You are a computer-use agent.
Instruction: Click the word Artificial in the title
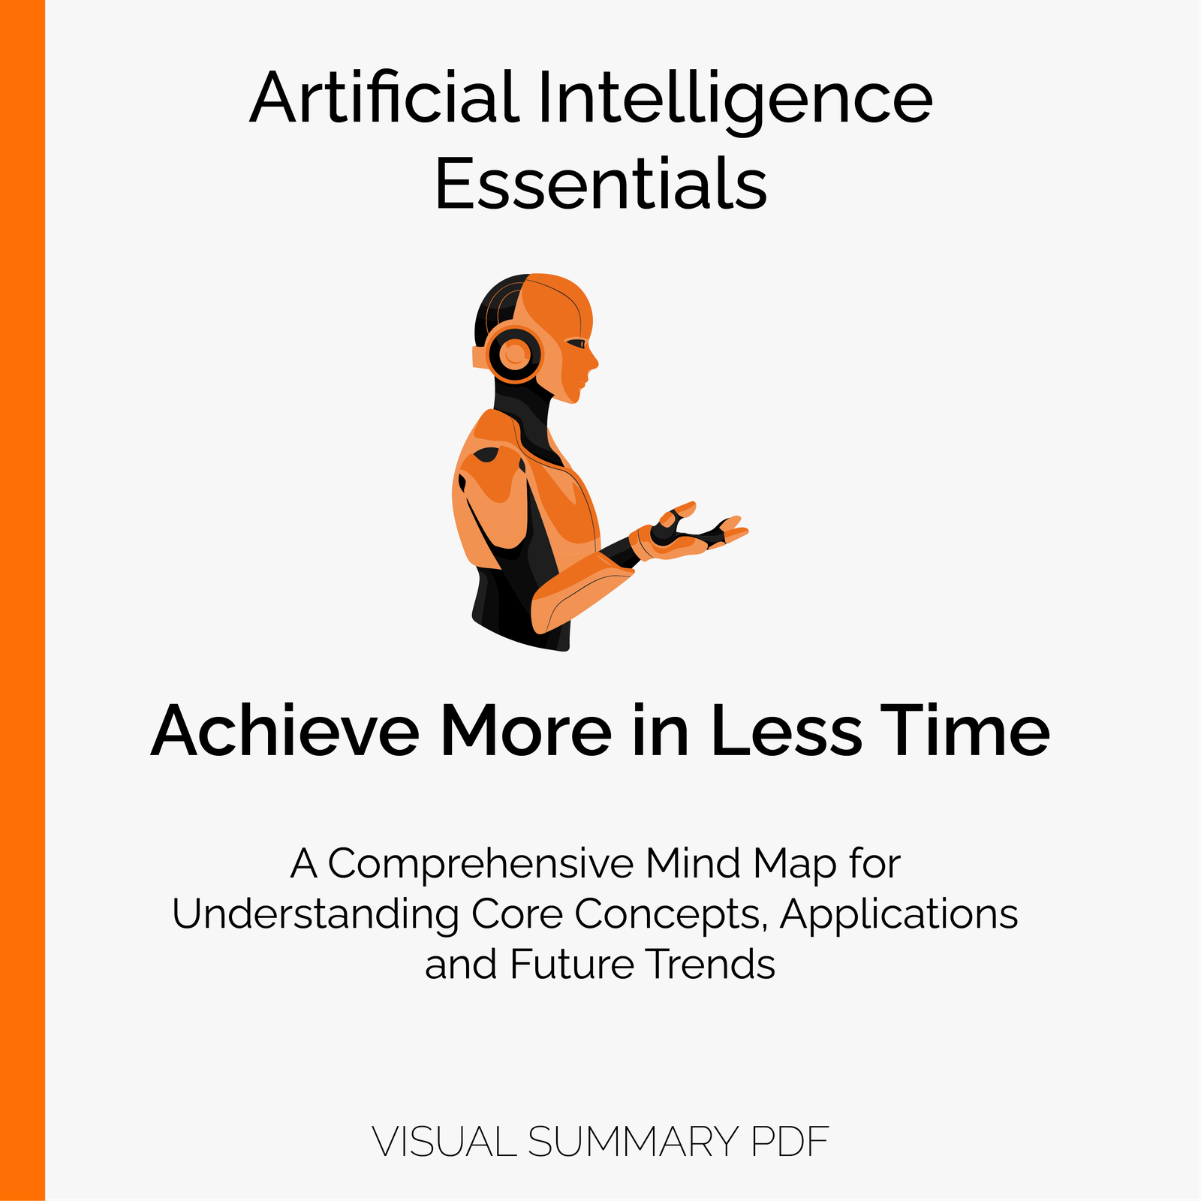click(x=384, y=97)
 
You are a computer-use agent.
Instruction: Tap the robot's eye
click(x=576, y=344)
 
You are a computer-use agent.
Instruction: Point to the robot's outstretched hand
click(x=691, y=530)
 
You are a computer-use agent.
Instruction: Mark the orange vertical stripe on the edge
click(x=23, y=600)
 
